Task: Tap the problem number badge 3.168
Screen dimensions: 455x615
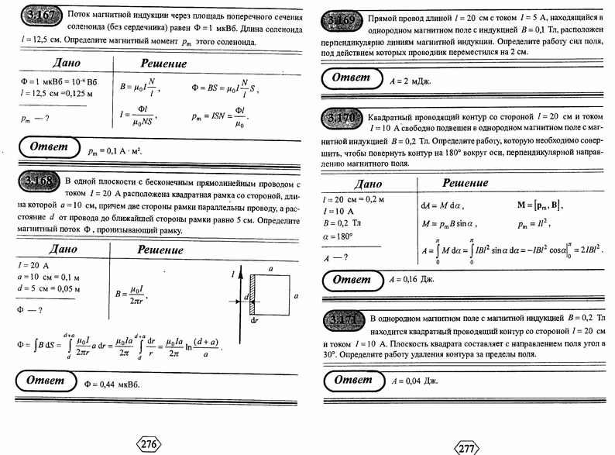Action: point(34,182)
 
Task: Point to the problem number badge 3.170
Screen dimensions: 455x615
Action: point(340,118)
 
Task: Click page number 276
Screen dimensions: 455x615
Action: point(149,444)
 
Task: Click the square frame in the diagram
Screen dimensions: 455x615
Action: point(270,295)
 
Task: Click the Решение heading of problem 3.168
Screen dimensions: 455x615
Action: point(160,250)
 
